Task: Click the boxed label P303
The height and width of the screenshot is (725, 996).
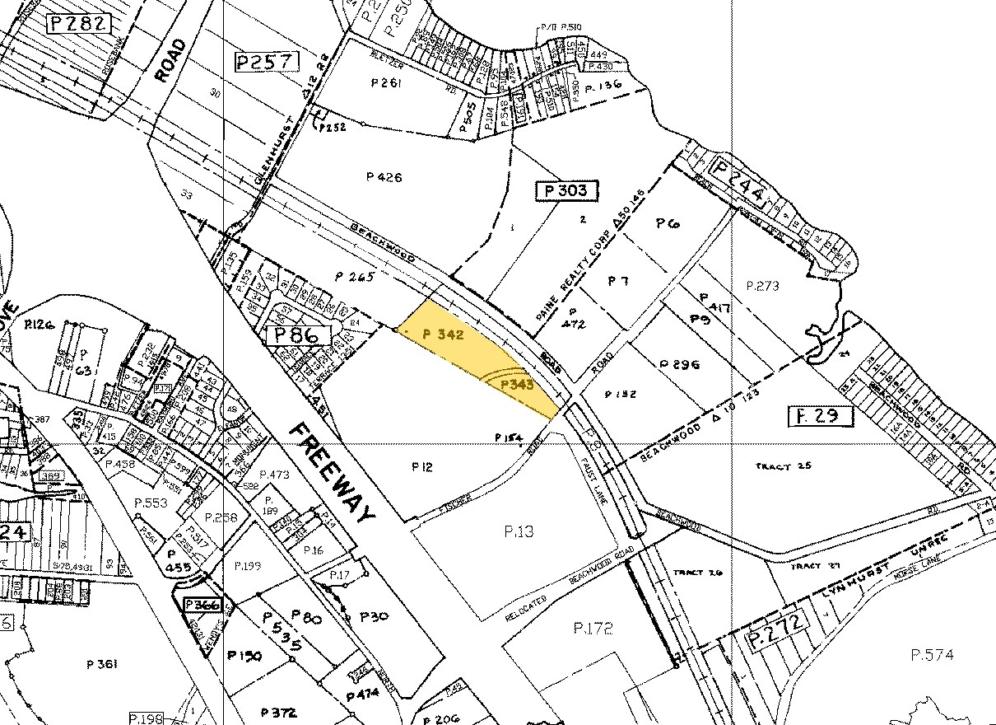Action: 566,191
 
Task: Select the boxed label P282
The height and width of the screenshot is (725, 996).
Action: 78,23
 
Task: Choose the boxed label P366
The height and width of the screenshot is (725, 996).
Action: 202,605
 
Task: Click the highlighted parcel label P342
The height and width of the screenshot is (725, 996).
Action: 444,334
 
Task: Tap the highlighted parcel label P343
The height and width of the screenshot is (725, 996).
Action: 519,383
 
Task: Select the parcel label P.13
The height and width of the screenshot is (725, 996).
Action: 519,531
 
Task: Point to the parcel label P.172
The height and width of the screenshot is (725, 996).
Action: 593,629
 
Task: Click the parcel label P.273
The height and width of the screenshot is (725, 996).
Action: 762,286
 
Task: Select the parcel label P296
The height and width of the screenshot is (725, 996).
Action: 679,363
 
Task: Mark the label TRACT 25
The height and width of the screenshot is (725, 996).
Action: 783,466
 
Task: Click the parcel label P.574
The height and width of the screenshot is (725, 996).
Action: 932,655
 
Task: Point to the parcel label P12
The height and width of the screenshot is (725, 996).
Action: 421,467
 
